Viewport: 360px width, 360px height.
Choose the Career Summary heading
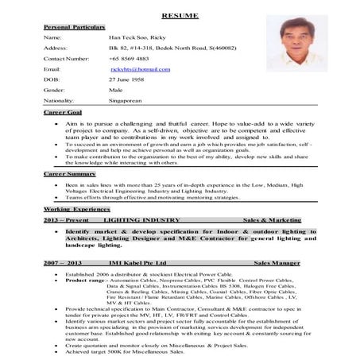(x=70, y=172)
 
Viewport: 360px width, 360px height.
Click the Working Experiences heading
(x=76, y=207)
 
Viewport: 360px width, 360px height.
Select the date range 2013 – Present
(x=67, y=218)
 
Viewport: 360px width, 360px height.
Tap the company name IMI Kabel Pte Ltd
(x=138, y=261)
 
